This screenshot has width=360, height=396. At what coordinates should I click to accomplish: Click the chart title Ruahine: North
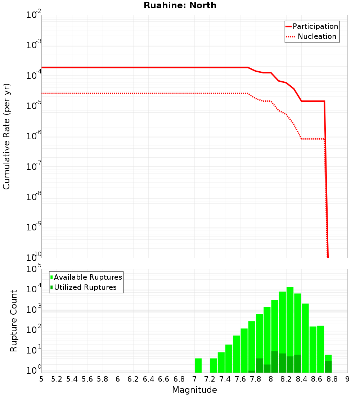pyautogui.click(x=180, y=5)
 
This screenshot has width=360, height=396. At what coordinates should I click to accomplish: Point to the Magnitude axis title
pyautogui.click(x=194, y=390)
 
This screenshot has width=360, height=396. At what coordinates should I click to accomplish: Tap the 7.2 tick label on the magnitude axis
pyautogui.click(x=210, y=379)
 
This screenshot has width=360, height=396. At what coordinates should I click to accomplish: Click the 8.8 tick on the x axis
pyautogui.click(x=332, y=379)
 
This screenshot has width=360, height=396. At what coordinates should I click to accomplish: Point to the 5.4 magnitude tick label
pyautogui.click(x=72, y=379)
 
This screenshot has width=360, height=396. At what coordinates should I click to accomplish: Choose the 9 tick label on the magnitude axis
pyautogui.click(x=347, y=379)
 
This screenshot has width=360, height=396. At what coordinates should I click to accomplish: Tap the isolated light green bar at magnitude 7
pyautogui.click(x=198, y=365)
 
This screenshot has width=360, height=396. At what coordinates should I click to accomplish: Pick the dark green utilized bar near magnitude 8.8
pyautogui.click(x=328, y=367)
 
